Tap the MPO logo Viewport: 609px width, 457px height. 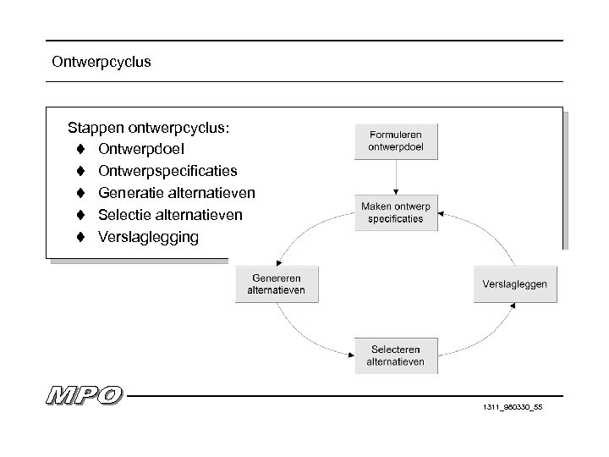click(x=84, y=396)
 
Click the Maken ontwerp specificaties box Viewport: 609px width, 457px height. click(x=396, y=212)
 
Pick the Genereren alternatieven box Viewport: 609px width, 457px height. click(x=277, y=284)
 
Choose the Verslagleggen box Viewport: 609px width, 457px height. click(x=515, y=284)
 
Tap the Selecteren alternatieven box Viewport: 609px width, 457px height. click(x=396, y=355)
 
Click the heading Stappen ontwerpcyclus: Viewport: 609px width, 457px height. click(x=150, y=128)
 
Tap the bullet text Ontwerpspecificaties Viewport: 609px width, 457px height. click(x=167, y=172)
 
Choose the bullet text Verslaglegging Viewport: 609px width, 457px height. click(x=149, y=237)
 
